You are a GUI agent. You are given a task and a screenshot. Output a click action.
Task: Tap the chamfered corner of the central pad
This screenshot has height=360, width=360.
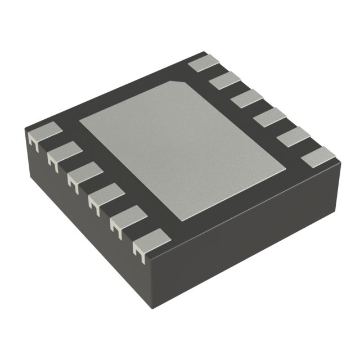(x=181, y=84)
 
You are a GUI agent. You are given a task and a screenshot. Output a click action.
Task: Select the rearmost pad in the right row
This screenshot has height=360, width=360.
(x=202, y=63)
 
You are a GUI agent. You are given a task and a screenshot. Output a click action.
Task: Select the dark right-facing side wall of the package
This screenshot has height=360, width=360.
(x=253, y=247)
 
